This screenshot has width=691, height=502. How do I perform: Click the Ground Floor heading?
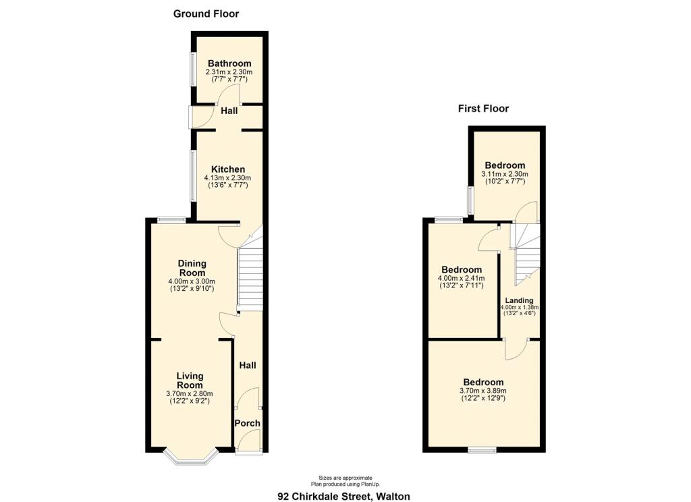tap(206, 13)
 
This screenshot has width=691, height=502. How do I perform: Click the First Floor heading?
tap(483, 109)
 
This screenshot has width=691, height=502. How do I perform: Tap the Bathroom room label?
tap(229, 63)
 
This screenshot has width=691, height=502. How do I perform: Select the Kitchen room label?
tap(228, 169)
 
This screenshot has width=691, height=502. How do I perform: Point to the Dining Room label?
tap(192, 268)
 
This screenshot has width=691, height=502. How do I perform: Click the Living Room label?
tap(190, 381)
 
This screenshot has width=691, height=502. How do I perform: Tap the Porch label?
tap(247, 423)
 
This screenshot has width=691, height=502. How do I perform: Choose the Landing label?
tap(519, 300)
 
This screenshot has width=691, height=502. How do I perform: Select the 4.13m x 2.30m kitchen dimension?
tap(227, 178)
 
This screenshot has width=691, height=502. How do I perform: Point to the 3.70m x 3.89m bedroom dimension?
tap(483, 391)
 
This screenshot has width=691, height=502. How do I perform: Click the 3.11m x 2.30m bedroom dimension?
tap(505, 174)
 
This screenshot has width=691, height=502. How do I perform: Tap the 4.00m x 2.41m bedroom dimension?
tap(461, 278)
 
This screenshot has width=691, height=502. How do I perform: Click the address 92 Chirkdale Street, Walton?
tap(343, 497)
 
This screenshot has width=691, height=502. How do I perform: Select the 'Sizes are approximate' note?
tap(345, 478)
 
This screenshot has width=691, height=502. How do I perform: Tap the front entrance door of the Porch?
tap(248, 451)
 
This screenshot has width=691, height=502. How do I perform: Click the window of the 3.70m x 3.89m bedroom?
tap(482, 450)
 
